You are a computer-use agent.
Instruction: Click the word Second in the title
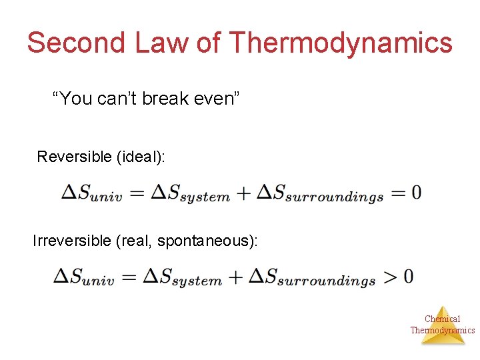(x=76, y=43)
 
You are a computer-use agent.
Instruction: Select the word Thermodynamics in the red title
(x=341, y=43)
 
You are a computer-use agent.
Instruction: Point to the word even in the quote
(x=221, y=99)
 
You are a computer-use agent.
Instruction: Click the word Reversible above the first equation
(x=74, y=157)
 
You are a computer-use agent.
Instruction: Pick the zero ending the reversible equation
(x=416, y=193)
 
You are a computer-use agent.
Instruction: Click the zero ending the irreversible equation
(x=408, y=276)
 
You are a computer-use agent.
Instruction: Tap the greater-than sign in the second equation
(x=389, y=276)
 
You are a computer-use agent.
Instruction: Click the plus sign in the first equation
(x=243, y=193)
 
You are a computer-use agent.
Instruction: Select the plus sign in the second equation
(x=235, y=277)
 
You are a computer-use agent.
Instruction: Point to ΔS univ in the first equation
(x=91, y=193)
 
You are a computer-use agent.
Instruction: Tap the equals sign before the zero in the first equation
(x=398, y=193)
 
